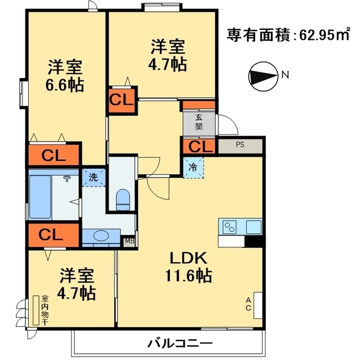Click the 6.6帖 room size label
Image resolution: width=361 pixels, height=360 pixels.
tap(65, 85)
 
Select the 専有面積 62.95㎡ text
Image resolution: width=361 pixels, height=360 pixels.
tap(288, 35)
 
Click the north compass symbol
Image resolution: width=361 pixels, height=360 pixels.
tap(263, 76)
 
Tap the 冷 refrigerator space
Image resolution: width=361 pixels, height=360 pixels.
tap(193, 168)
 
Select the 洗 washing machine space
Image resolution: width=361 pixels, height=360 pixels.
tap(93, 178)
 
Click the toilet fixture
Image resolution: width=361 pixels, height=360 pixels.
tap(123, 200)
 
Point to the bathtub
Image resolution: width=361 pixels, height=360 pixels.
tap(40, 197)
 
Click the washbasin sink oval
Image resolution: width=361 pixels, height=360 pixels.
tap(101, 236)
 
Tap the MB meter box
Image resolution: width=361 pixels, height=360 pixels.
tap(130, 241)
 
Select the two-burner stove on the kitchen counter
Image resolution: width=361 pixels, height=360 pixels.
tap(230, 227)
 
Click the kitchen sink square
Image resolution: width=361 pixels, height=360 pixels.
tap(253, 227)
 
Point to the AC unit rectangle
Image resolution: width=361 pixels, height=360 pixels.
tap(258, 305)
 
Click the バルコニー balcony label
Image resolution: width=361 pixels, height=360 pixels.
tap(180, 344)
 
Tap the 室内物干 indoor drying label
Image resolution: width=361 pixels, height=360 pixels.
tap(45, 310)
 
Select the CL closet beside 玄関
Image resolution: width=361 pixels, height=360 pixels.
tap(199, 146)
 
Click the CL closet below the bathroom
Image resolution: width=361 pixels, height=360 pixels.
tap(54, 235)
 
